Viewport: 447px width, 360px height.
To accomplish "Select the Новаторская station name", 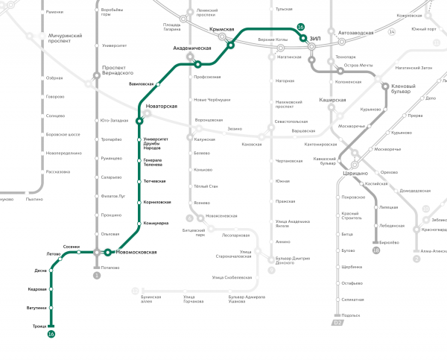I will [162, 107].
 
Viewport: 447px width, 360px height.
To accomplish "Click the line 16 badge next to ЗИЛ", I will [300, 28].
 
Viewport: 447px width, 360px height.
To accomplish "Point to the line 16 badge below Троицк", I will [51, 334].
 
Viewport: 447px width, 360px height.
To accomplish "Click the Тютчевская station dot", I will [139, 182].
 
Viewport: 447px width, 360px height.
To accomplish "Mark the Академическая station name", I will [192, 48].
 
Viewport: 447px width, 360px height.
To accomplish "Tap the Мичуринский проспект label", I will [66, 37].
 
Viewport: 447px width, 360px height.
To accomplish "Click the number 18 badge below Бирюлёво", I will [376, 250].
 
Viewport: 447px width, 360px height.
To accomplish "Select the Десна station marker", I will [51, 271].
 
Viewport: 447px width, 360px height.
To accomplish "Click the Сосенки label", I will [72, 247].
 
